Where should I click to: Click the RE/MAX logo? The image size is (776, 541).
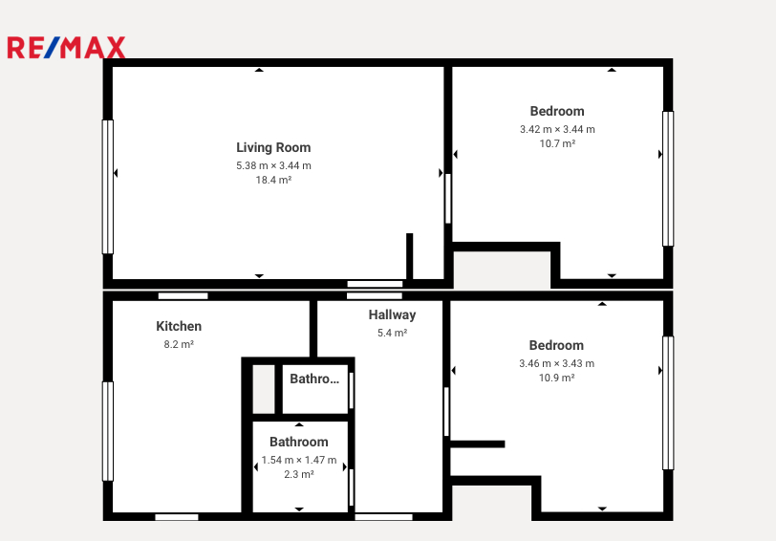point(66,48)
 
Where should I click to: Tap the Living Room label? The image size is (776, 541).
point(273,147)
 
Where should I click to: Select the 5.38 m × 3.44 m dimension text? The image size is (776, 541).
point(273,165)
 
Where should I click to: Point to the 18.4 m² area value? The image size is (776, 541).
point(273,180)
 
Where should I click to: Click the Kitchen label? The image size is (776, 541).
point(179,326)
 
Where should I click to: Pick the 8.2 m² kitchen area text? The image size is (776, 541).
point(179,344)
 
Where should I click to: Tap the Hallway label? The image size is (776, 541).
point(392,314)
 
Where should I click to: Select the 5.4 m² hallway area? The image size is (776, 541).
point(392,334)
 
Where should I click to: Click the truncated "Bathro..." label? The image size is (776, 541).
point(314,379)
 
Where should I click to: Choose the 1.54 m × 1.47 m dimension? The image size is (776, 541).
point(299,461)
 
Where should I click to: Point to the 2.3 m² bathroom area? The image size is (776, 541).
point(299,475)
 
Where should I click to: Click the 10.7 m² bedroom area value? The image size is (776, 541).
point(557,143)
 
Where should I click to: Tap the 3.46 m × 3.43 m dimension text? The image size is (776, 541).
point(557,364)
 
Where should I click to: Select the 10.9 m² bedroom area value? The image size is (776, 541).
point(557,379)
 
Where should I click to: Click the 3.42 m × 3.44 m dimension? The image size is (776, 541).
point(557,130)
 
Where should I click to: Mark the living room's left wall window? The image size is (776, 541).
point(107,186)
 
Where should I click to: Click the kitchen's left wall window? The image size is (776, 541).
point(107,431)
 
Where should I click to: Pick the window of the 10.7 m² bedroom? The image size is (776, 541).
point(668,179)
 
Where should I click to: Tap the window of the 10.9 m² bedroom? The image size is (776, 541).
point(668,403)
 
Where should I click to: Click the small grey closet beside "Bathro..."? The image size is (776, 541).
point(264,389)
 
